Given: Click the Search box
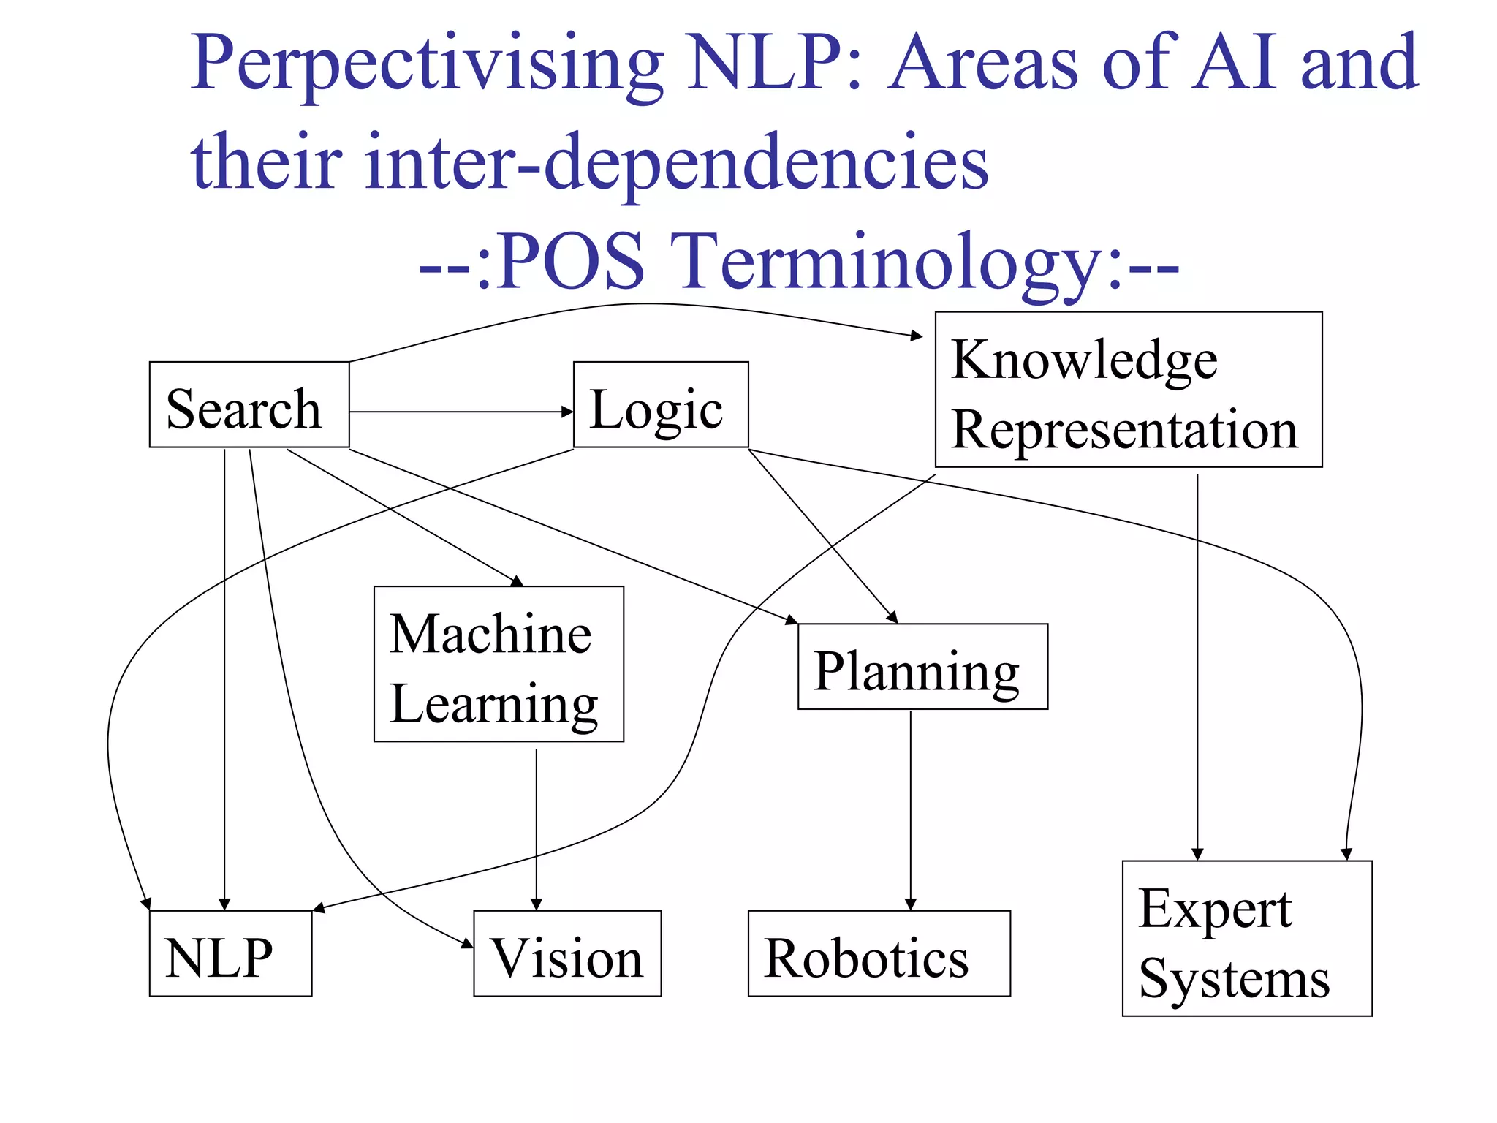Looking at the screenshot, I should coord(249,404).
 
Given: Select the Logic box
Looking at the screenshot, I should coord(660,404).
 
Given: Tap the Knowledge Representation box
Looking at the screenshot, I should coord(1128,390).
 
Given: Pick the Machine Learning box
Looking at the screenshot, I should coord(499,664).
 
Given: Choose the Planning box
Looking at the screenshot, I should coord(922,666).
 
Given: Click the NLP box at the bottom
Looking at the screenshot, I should coord(230,953).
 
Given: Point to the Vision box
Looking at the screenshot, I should coord(567,953).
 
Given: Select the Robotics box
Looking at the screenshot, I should coord(879,953).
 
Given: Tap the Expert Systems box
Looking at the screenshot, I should coord(1247,938).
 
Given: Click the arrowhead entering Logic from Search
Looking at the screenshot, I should coord(567,412).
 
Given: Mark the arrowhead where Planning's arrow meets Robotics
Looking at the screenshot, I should coord(910,904).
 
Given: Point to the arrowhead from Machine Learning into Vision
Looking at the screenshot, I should coord(536,904).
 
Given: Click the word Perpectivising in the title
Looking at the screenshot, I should coord(428,64).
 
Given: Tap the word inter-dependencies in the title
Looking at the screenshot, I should coord(676,162).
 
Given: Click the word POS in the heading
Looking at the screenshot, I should coord(572,262).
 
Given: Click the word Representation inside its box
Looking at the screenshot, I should coord(1124,429).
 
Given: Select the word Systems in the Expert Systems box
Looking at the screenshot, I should coord(1234,979).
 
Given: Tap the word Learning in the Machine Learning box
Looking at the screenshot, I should coord(494,704).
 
